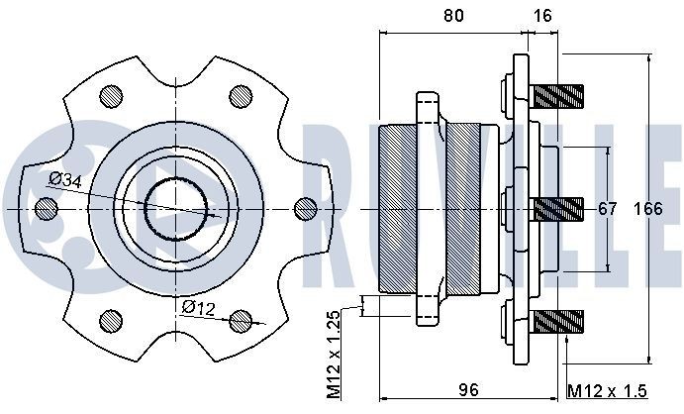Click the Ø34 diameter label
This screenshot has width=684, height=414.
click(64, 179)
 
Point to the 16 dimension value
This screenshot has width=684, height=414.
click(542, 15)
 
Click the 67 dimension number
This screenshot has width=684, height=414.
click(607, 209)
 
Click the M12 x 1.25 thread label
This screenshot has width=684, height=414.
click(334, 354)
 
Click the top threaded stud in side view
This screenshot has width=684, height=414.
click(557, 96)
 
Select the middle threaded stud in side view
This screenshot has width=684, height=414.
click(557, 209)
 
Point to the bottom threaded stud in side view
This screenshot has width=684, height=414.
click(557, 322)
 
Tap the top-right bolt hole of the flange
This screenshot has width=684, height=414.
click(239, 96)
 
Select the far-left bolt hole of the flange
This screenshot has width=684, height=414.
click(44, 209)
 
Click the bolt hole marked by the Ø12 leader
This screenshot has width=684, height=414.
click(239, 322)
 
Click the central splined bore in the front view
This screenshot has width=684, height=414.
click(179, 209)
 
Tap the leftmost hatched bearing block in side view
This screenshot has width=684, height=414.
click(401, 209)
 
